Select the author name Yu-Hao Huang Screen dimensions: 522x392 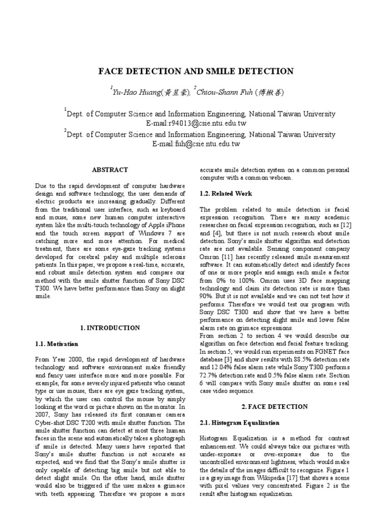coord(136,92)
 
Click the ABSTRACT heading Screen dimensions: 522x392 coord(110,170)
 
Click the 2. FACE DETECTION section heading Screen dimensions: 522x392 coord(274,406)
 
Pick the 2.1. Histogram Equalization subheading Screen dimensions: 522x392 coord(239,423)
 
